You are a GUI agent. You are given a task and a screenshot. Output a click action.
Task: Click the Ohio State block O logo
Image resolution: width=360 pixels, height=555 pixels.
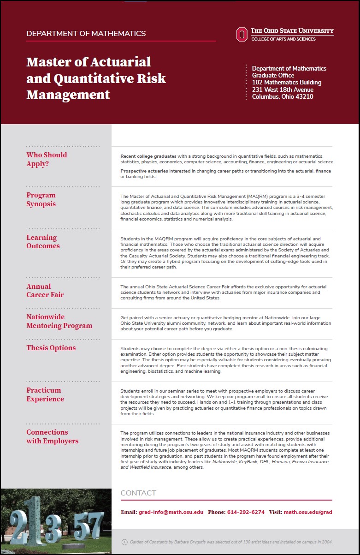click(x=242, y=34)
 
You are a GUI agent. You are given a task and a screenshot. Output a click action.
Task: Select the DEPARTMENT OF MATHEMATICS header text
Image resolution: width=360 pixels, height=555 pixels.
click(x=86, y=34)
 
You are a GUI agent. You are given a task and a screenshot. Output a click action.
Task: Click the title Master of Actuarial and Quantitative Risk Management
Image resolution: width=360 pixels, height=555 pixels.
click(x=96, y=78)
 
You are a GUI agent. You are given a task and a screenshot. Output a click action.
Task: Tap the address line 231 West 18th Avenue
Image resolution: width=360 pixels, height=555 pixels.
click(x=283, y=90)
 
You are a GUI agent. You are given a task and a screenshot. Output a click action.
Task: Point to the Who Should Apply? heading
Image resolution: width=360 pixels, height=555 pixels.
click(x=47, y=159)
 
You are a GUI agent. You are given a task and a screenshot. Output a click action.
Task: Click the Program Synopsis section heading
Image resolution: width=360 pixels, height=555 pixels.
click(x=41, y=199)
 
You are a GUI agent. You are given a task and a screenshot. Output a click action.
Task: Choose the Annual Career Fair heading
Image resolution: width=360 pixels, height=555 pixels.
click(x=45, y=291)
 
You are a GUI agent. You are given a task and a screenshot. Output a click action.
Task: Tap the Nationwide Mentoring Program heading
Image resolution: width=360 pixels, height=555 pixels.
click(x=59, y=321)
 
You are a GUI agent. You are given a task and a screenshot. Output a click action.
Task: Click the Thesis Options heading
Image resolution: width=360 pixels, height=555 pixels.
click(x=51, y=348)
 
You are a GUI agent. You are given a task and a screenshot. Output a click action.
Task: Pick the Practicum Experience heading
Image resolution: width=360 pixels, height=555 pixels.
click(x=45, y=394)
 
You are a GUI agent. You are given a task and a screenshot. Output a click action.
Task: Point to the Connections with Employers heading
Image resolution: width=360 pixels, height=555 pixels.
click(x=52, y=436)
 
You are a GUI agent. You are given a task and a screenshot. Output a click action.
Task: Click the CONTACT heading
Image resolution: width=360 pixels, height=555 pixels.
click(x=138, y=493)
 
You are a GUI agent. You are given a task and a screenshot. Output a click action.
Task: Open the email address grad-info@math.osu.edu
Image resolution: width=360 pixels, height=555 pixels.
click(x=171, y=512)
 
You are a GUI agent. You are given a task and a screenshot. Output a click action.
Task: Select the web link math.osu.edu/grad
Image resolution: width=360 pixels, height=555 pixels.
click(x=307, y=512)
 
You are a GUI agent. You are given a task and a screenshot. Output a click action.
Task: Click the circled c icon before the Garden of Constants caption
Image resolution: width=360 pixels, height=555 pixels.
click(x=124, y=542)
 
